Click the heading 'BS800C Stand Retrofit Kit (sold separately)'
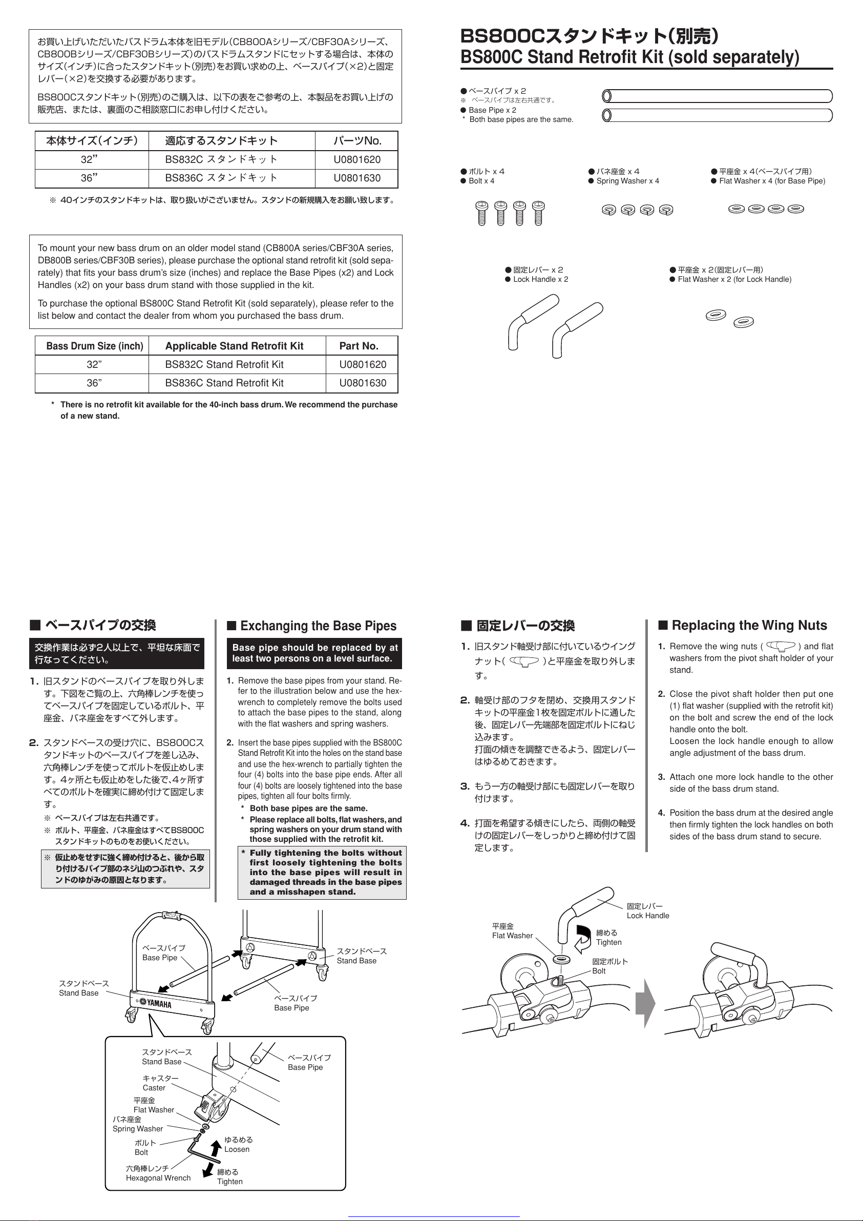coord(629,57)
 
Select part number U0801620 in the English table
coord(363,364)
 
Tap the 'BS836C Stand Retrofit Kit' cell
coord(224,383)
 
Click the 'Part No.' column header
coord(359,346)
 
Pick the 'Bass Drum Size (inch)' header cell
coord(95,346)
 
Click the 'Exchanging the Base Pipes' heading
coord(318,626)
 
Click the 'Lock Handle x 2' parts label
coord(540,279)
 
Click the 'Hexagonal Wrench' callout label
coord(158,1178)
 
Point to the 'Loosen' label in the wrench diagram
coord(237,1149)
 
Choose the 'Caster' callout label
coord(154,1088)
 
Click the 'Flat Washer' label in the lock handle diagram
coord(512,936)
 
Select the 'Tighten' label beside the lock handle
coord(608,942)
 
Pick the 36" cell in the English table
coord(94,383)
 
